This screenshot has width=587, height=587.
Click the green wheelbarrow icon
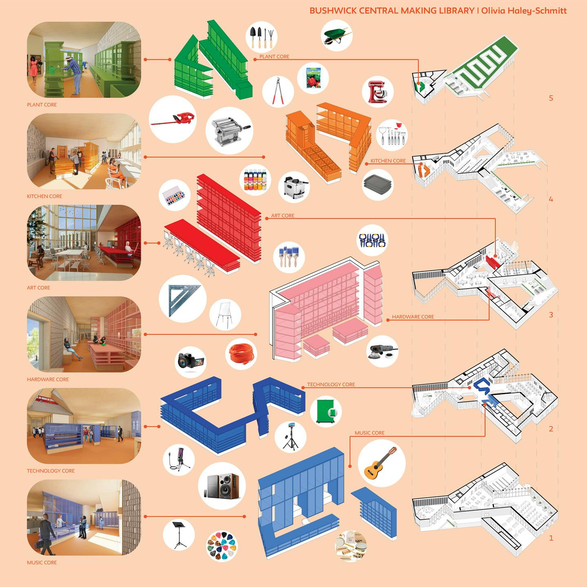tap(337, 35)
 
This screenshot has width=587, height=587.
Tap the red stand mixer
tap(377, 92)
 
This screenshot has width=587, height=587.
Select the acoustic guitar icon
tap(381, 463)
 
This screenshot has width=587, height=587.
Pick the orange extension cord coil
tap(241, 354)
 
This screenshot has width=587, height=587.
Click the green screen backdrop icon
tap(326, 412)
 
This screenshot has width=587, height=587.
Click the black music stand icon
tap(179, 535)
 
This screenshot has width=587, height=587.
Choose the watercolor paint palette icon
tap(174, 196)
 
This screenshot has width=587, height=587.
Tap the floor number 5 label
tap(551, 98)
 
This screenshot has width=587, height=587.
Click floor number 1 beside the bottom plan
tap(551, 538)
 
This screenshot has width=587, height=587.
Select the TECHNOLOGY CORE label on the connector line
tap(331, 384)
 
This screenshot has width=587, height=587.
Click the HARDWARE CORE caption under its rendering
tap(48, 379)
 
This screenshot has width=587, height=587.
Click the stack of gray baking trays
tap(377, 184)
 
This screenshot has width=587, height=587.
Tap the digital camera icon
tap(191, 361)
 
